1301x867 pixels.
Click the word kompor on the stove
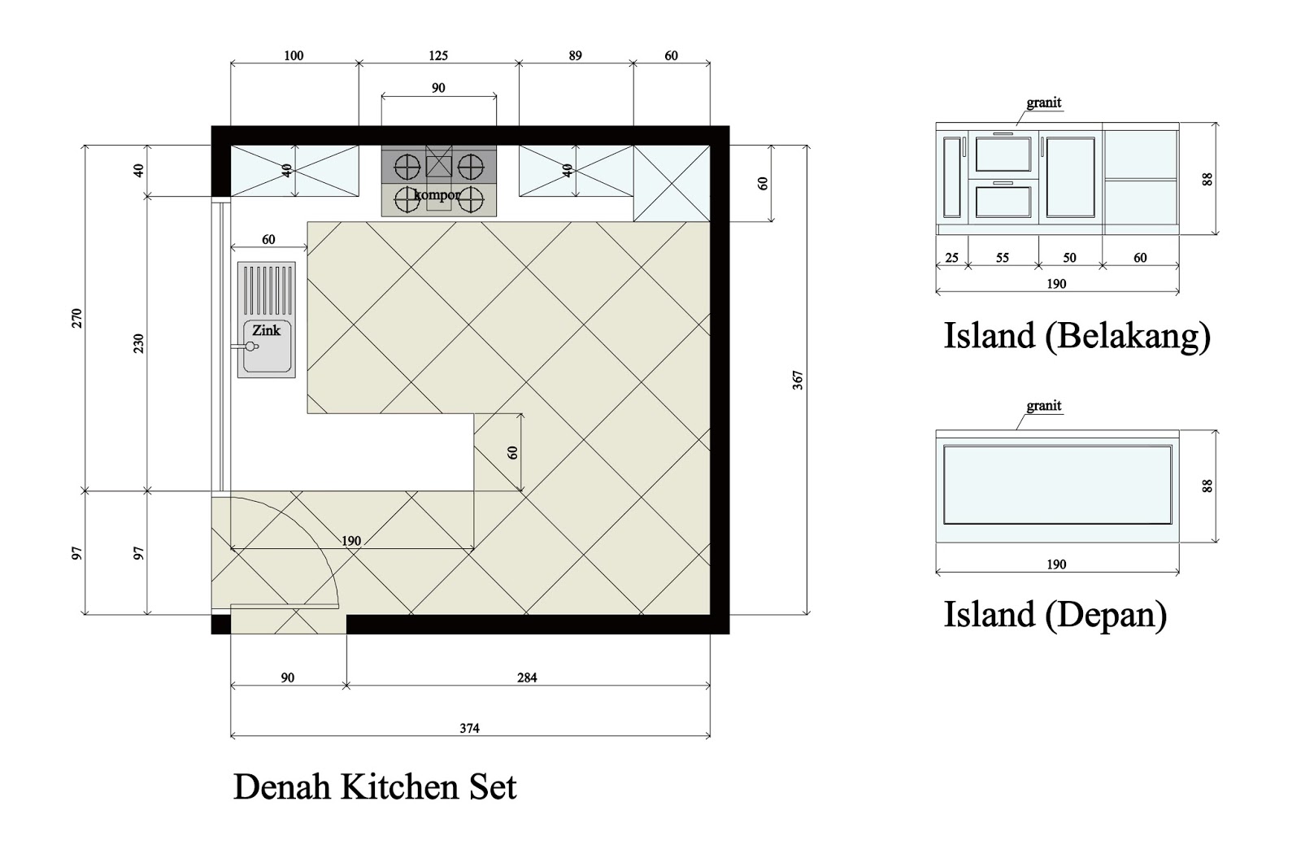click(x=437, y=195)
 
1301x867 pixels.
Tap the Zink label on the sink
click(x=266, y=330)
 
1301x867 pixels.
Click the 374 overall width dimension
click(x=469, y=728)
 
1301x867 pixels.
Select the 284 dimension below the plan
click(x=527, y=677)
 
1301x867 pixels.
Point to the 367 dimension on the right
click(x=798, y=380)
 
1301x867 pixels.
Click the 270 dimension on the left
click(x=77, y=317)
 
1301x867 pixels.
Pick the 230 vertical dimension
click(x=139, y=343)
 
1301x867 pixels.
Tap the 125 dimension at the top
click(x=437, y=55)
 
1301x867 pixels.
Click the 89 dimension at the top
click(x=575, y=55)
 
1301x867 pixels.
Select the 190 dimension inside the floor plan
click(x=350, y=541)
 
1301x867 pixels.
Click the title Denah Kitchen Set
click(x=375, y=787)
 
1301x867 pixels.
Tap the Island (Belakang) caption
click(x=1077, y=336)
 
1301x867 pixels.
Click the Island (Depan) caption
click(x=1055, y=615)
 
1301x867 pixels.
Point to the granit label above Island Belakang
click(x=1043, y=102)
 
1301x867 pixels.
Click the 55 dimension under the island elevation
click(x=1003, y=258)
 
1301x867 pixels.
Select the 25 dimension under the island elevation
click(x=951, y=258)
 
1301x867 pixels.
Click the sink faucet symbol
click(x=250, y=346)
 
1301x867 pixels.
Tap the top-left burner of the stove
click(x=405, y=167)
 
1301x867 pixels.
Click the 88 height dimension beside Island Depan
click(x=1207, y=486)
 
